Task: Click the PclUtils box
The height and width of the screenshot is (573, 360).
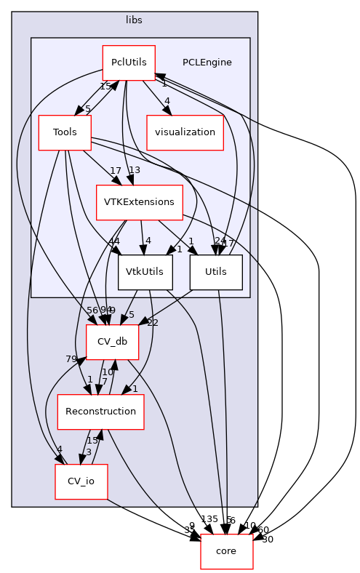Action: coord(128,63)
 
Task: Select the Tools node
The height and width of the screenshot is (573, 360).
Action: coord(64,132)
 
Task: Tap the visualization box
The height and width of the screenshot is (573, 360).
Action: coord(185,132)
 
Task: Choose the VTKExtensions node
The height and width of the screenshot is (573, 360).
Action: coord(139,201)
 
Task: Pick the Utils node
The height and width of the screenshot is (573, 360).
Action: coord(215,272)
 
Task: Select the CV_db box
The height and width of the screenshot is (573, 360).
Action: coord(112,342)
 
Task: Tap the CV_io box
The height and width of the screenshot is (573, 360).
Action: coord(81,481)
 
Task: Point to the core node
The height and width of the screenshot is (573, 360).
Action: coord(226,551)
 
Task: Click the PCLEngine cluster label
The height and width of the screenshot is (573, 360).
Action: coord(207,63)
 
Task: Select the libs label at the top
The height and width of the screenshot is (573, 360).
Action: coord(134,18)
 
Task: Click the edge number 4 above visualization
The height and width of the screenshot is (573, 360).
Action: coord(167,101)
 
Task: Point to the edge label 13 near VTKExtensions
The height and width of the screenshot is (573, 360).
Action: coord(134,170)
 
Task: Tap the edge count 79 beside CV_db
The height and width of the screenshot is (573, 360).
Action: coord(71,358)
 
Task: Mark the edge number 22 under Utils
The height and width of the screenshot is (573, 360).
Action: coord(153,302)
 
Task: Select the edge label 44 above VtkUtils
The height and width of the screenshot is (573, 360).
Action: coord(115,241)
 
